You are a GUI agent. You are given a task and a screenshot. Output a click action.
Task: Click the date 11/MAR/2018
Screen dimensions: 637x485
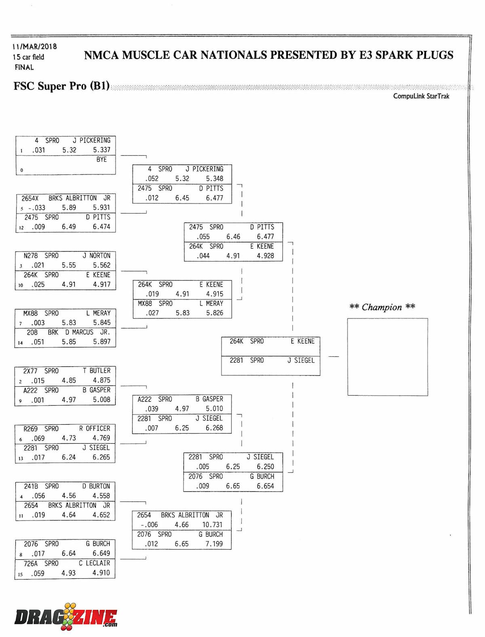tap(34, 47)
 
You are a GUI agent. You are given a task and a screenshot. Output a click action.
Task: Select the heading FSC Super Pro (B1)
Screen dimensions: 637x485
tap(61, 86)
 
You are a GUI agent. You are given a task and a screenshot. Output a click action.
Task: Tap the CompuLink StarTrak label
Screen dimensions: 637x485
tap(421, 96)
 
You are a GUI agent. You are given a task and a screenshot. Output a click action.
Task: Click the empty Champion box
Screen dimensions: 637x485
tap(387, 357)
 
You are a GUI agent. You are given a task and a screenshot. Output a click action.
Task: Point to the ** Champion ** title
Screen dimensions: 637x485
tap(382, 307)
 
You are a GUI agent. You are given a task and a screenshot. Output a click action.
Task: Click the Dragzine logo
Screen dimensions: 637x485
tap(66, 617)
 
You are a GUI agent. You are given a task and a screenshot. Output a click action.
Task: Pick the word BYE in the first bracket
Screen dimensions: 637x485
tap(101, 159)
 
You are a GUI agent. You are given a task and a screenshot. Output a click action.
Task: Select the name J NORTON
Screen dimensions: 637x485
tap(96, 256)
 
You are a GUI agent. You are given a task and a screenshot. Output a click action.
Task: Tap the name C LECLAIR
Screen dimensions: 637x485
tap(94, 563)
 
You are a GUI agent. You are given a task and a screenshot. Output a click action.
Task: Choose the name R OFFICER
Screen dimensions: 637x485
tap(95, 428)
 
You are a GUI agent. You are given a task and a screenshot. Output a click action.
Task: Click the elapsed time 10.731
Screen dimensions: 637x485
tap(212, 525)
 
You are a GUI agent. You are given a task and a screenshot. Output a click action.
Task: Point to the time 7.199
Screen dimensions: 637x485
tap(214, 544)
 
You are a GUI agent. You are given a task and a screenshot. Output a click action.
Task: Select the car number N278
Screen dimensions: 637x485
tap(31, 256)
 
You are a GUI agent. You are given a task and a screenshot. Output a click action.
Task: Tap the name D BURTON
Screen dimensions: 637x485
tap(96, 486)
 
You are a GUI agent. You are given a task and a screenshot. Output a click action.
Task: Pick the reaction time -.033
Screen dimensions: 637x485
tap(37, 207)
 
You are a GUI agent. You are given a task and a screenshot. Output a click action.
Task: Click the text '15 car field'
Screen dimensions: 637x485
tap(28, 57)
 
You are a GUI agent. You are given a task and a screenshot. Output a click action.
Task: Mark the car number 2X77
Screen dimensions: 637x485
tap(30, 370)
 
